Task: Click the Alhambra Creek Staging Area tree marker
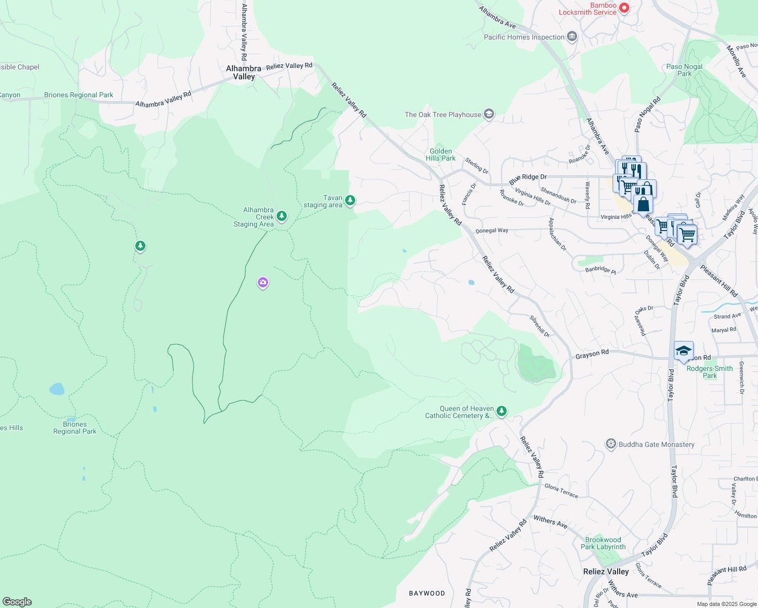[x=282, y=216]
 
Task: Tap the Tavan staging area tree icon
[x=350, y=201]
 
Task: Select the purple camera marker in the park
[x=262, y=283]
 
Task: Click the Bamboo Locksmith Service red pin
[x=624, y=8]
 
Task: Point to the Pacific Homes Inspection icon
[x=572, y=36]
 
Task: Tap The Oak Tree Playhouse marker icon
[x=488, y=114]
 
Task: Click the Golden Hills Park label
[x=440, y=155]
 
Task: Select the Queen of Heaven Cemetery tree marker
[x=501, y=411]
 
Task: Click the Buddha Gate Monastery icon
[x=611, y=444]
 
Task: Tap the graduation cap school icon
[x=683, y=351]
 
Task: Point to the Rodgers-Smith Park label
[x=709, y=372]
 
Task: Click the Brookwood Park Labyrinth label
[x=603, y=543]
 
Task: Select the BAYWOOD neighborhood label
[x=427, y=593]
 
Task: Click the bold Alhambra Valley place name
[x=244, y=72]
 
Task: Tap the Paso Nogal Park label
[x=684, y=70]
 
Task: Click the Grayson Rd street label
[x=592, y=354]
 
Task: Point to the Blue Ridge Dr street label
[x=528, y=179]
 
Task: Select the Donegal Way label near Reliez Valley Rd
[x=491, y=231]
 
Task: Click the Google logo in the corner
[x=17, y=601]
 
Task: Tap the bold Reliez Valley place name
[x=605, y=572]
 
